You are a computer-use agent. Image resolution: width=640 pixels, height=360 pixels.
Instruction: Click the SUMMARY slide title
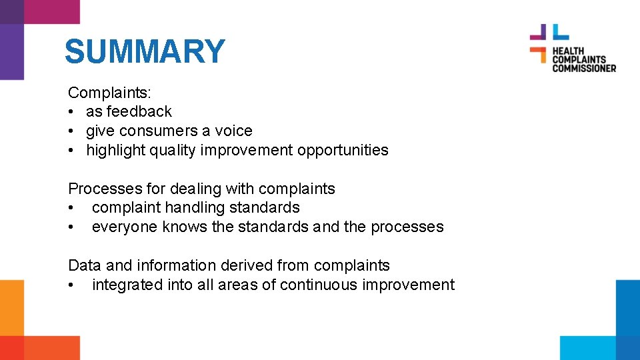pos(145,52)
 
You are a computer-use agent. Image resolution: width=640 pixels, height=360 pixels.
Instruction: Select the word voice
pos(233,131)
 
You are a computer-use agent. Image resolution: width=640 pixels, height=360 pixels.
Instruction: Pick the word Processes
pos(98,189)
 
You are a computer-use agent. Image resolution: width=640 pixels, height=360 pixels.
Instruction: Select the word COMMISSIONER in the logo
pos(584,68)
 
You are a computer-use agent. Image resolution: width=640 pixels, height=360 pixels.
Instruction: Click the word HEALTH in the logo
pos(568,51)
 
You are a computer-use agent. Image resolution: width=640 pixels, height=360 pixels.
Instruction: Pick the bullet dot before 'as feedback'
pos(72,112)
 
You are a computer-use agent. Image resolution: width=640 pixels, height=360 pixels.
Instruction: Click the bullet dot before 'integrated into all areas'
pos(72,285)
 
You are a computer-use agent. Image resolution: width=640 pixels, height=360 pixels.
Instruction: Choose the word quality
pos(175,150)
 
